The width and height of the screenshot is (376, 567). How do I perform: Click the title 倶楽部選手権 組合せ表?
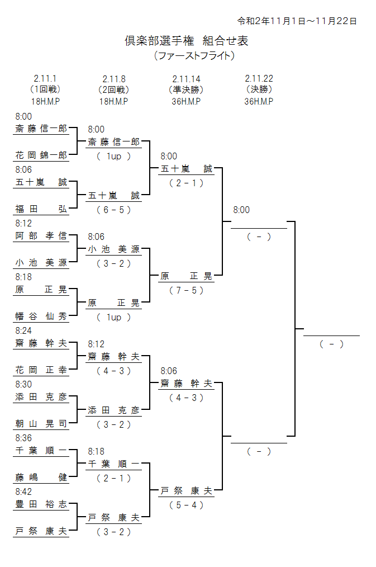187,41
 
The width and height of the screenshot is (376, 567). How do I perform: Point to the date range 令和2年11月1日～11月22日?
297,21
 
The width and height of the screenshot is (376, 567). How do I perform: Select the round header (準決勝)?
186,89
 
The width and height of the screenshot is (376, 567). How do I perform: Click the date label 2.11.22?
259,79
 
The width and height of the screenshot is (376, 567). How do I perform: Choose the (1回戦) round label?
45,89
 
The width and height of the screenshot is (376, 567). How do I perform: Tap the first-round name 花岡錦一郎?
41,155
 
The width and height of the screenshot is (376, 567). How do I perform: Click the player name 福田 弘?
41,209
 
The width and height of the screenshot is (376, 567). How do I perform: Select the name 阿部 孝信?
41,236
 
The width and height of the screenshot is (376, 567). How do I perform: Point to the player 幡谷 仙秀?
41,316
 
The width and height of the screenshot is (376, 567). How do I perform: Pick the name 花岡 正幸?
41,370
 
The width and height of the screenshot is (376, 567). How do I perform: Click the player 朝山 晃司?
41,424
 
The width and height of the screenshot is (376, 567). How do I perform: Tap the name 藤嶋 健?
41,478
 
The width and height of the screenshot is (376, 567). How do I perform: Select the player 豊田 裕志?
41,504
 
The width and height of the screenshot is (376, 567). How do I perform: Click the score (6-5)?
113,210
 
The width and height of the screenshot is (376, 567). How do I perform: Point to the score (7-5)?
186,290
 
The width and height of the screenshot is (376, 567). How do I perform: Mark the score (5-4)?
186,505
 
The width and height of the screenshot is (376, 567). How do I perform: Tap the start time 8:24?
23,331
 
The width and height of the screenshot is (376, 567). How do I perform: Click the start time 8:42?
23,492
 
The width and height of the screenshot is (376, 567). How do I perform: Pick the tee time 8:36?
23,438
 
